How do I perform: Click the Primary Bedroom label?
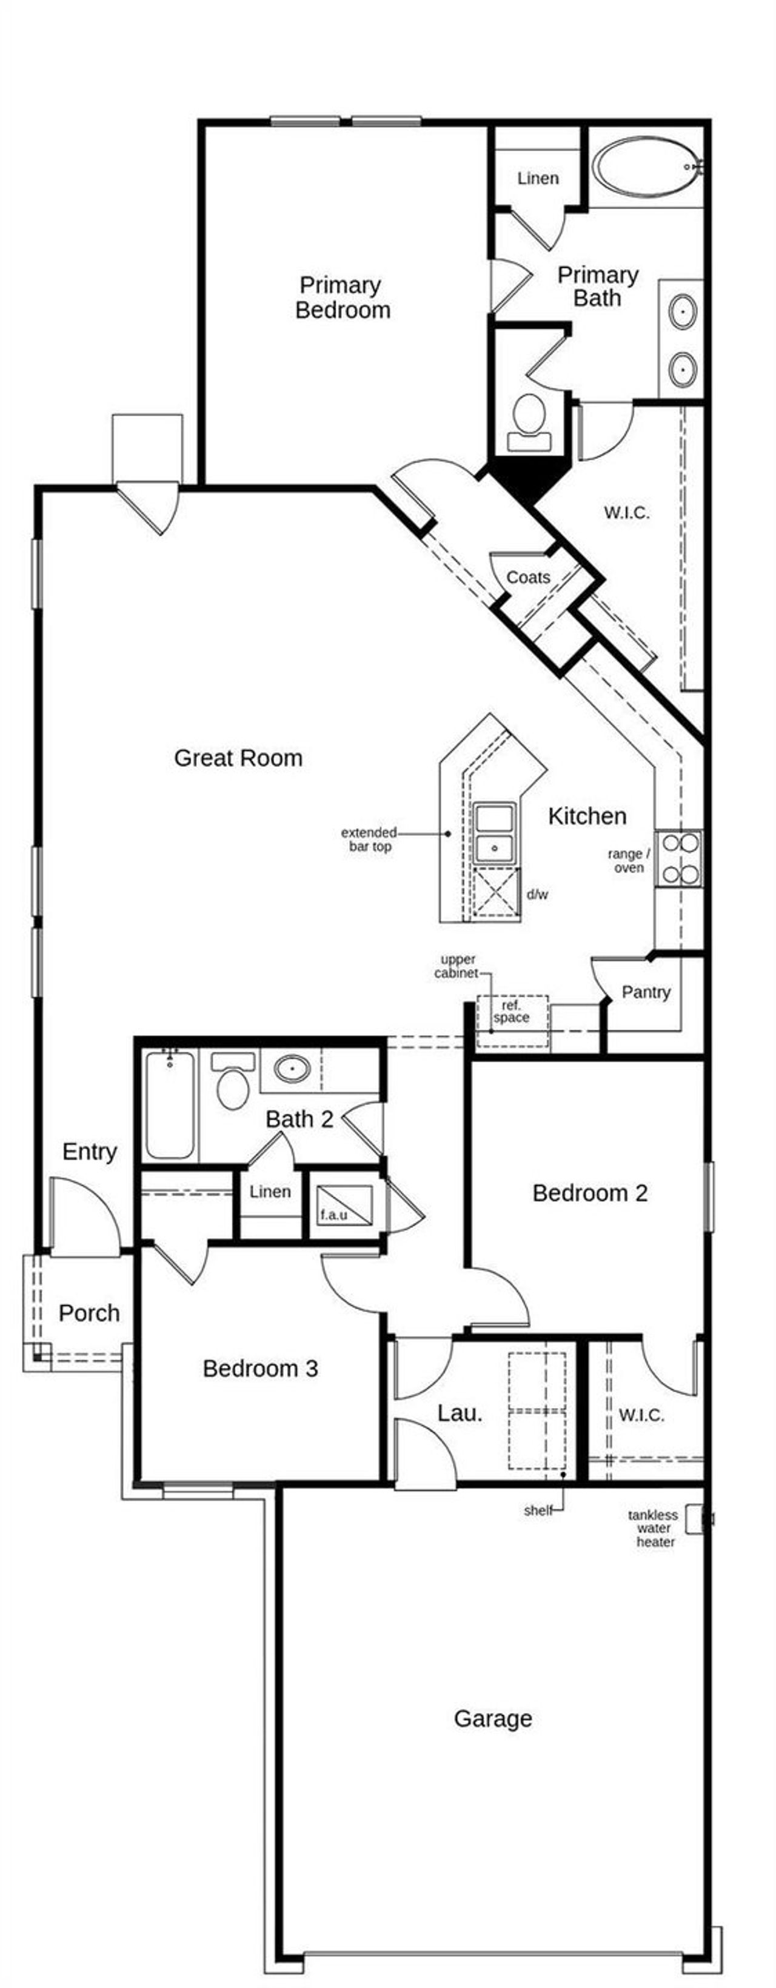coord(342,298)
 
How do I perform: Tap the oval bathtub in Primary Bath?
coord(647,167)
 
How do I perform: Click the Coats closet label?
coord(528,577)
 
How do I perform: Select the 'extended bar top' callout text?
coord(369,839)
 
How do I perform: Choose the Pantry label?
coord(646,992)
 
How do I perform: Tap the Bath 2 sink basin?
coord(292,1069)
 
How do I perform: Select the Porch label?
coord(89,1313)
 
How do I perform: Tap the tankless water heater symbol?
coord(695,1519)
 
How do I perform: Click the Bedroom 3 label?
coord(260,1369)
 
